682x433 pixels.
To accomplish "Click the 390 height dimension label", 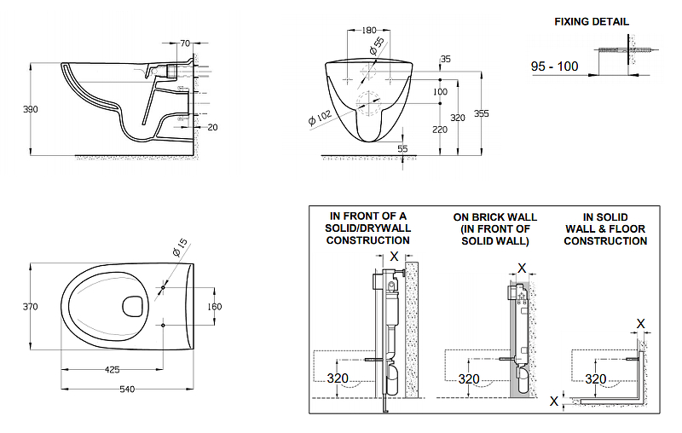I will [x=18, y=109].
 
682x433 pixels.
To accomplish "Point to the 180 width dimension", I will [x=368, y=31].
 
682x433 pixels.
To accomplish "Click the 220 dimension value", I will [x=440, y=130].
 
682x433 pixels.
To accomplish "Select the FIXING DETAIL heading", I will [x=592, y=20].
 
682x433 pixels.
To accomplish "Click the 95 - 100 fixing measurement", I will [x=554, y=66].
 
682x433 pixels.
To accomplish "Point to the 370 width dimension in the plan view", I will [x=18, y=307].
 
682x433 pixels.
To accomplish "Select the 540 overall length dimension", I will [x=126, y=390].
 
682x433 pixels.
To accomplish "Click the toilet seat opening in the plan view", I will [x=133, y=305].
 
